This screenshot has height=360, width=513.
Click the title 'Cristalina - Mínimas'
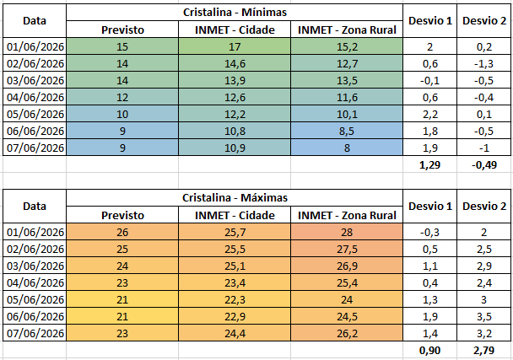coord(235,13)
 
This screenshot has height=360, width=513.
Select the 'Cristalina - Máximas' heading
coord(235,198)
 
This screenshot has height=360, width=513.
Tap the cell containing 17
coord(235,46)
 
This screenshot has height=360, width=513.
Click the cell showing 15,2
coord(347,46)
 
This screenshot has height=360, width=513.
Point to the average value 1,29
coord(430,164)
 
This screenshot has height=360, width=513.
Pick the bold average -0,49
coord(484,164)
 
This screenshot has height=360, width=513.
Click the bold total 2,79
coord(483,350)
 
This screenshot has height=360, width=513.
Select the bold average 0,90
coord(430,350)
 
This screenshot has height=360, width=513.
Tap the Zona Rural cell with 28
coord(347,232)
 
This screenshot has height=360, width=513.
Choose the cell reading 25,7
coord(235,232)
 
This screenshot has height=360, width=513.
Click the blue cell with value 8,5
coord(347,132)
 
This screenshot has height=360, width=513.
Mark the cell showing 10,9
coord(235,148)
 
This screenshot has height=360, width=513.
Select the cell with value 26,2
coord(347,333)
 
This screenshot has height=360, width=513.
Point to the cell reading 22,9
coord(235,316)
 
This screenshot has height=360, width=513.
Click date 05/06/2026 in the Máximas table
coord(35,299)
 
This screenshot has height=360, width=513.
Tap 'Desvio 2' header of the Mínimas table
coord(484,21)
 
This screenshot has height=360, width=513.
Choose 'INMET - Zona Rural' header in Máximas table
coord(347,215)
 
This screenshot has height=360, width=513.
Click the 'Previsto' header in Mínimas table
coord(122,30)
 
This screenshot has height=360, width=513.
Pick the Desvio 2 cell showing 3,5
coord(484,316)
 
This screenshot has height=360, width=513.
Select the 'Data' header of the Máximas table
coord(35,207)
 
